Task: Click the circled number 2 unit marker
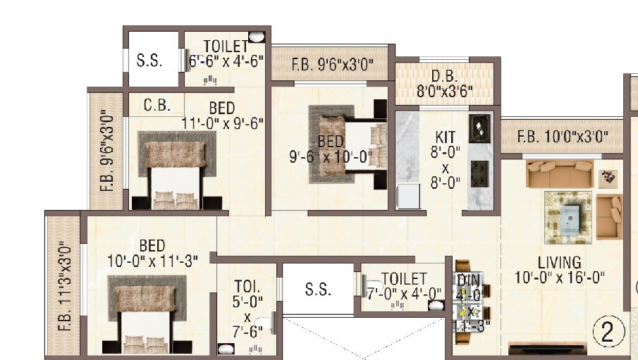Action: (608, 332)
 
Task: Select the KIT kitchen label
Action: (446, 136)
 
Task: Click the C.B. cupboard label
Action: (157, 105)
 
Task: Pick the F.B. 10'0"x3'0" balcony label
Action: (562, 137)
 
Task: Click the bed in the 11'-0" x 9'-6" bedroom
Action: (173, 169)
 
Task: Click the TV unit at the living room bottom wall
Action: (548, 347)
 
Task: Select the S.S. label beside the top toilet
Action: (149, 61)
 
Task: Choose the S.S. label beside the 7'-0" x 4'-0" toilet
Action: (318, 289)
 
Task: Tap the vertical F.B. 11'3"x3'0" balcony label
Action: (65, 285)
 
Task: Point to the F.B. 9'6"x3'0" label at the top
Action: (332, 66)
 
